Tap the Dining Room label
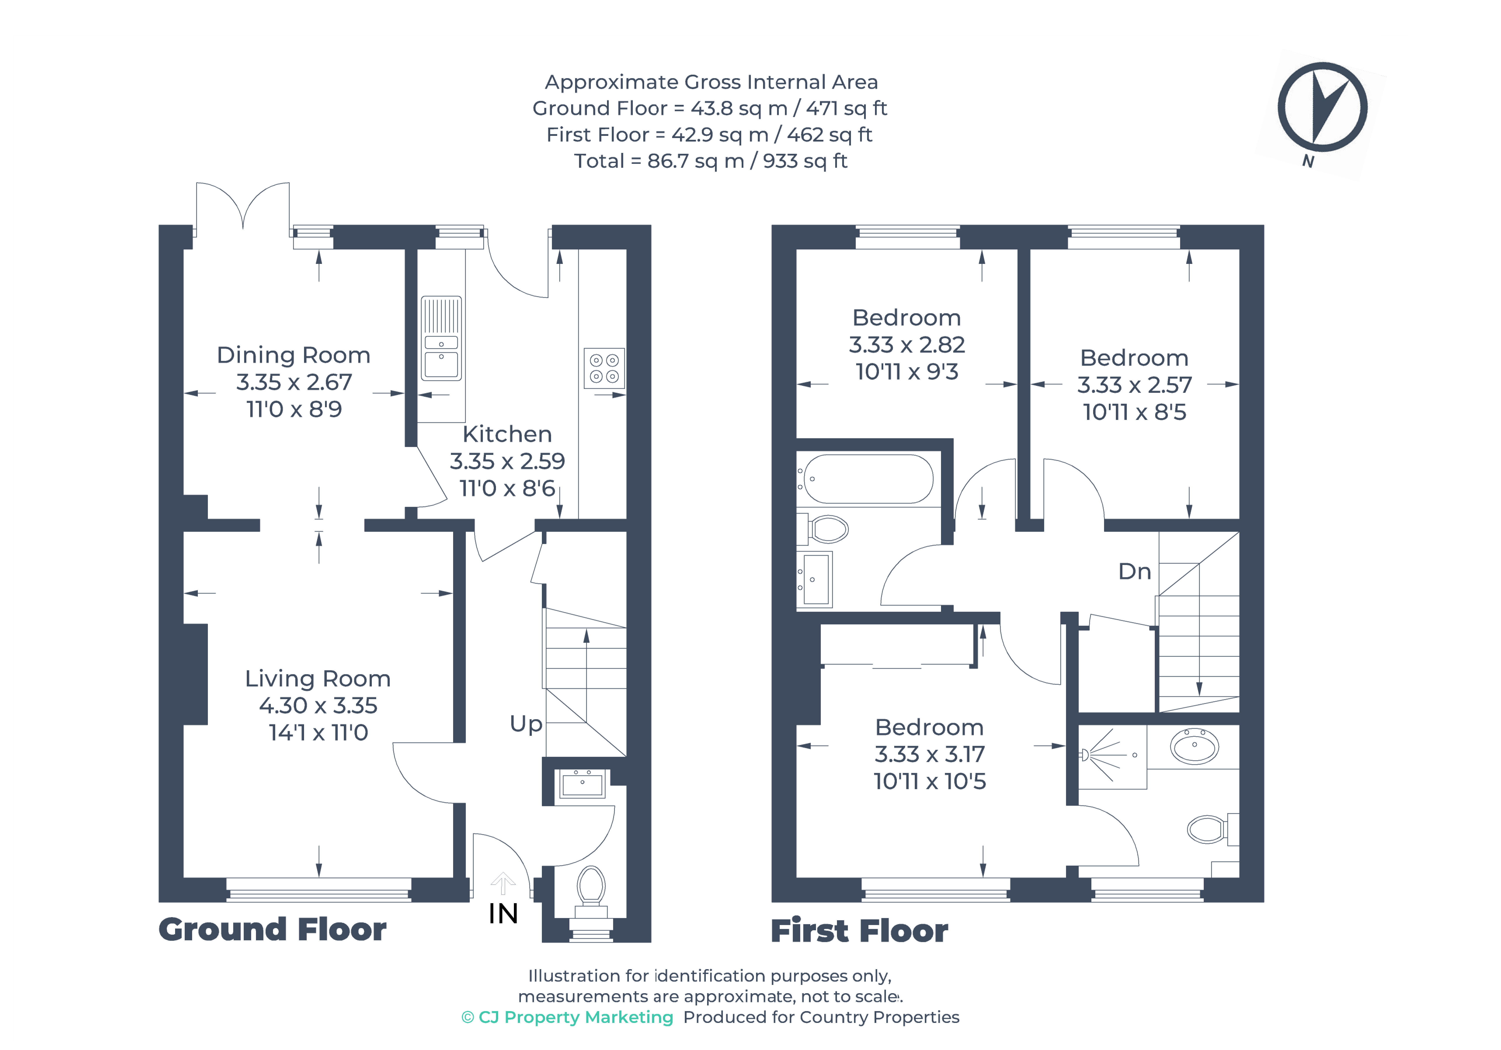294,355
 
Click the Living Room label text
318,679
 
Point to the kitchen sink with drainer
441,338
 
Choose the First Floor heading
859,931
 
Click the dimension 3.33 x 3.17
929,755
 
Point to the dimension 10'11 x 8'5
1134,412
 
